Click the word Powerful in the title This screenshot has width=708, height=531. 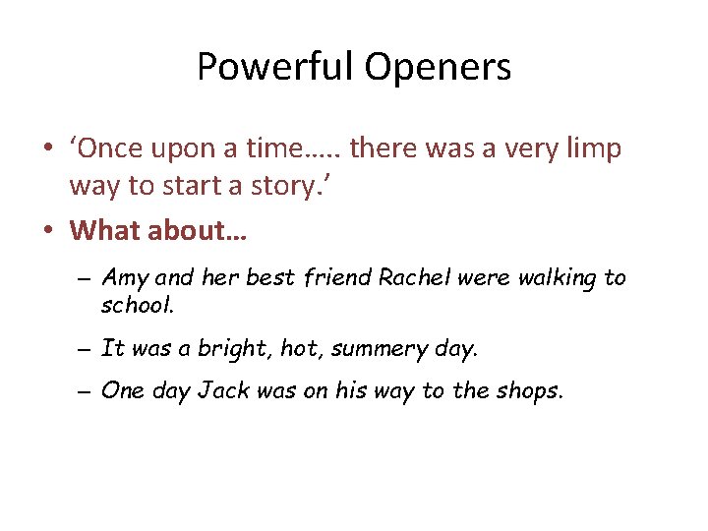coord(275,68)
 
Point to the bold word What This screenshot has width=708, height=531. coord(105,230)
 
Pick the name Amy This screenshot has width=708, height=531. coord(123,278)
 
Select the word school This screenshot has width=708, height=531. coord(137,305)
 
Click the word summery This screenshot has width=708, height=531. coord(378,348)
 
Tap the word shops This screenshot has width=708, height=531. coord(530,391)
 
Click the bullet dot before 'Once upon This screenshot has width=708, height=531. coord(47,149)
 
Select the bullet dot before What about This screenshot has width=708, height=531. coord(47,231)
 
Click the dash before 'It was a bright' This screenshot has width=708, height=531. coord(85,349)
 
